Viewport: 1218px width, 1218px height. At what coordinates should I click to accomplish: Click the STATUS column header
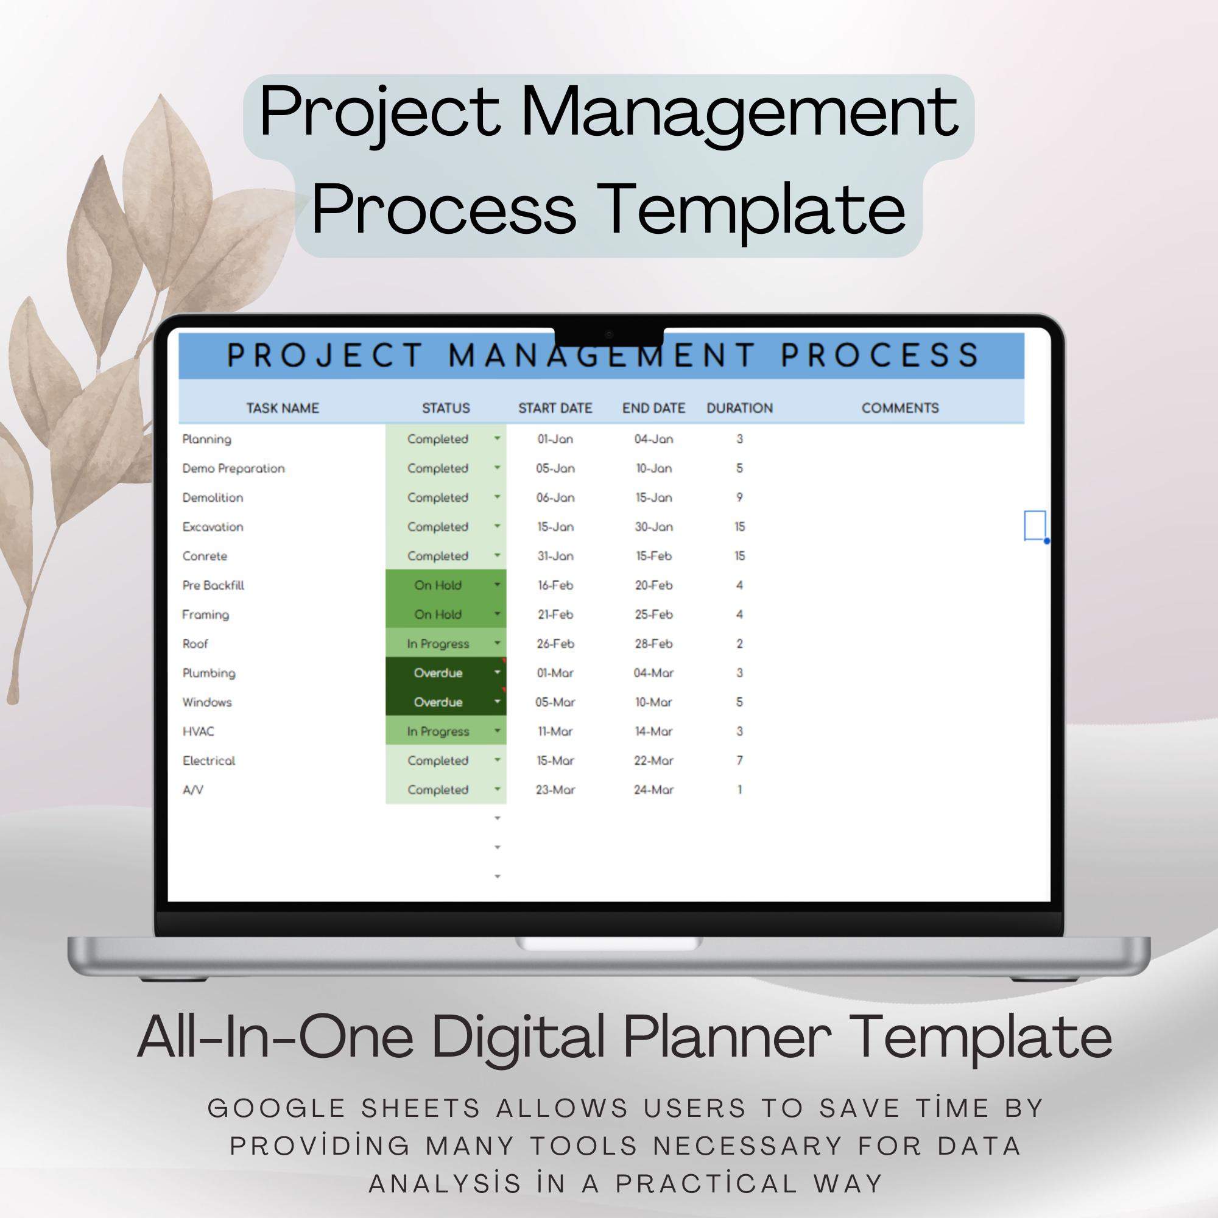(x=446, y=408)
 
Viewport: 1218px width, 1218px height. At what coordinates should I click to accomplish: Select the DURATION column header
(x=739, y=408)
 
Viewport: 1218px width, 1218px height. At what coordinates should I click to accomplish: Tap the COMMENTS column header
(x=899, y=408)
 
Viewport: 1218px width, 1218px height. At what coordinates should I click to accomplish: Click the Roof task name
(x=195, y=644)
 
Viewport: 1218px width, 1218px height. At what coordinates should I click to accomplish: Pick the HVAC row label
(x=199, y=731)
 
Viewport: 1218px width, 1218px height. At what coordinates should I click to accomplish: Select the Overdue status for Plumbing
(x=438, y=673)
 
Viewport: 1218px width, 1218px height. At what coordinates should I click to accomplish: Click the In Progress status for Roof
(x=438, y=644)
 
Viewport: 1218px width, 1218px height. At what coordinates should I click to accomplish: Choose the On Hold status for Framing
(x=438, y=614)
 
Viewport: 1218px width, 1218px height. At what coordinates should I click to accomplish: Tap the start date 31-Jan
(x=555, y=556)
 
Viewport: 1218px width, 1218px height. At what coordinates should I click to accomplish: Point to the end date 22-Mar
(x=653, y=760)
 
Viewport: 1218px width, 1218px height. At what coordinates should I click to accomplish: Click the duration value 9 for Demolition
(x=739, y=498)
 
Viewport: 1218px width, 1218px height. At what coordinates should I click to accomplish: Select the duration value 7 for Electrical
(x=739, y=760)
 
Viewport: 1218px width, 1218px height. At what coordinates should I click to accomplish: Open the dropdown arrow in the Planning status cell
(x=498, y=438)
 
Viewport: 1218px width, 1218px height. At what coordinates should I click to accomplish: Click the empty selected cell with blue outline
(x=1035, y=525)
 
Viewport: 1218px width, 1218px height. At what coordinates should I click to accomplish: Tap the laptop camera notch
(x=609, y=336)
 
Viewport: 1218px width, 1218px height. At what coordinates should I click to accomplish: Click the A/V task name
(x=193, y=790)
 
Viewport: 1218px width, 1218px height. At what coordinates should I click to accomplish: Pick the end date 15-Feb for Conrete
(x=653, y=556)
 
